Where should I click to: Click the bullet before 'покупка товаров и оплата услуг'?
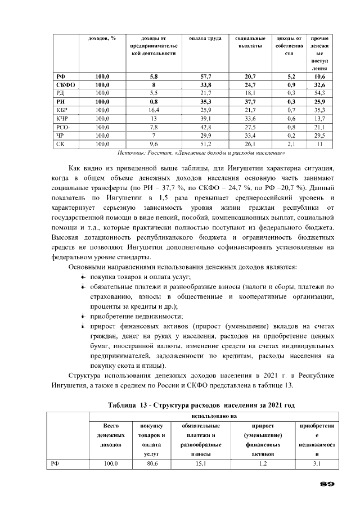pos(83,277)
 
